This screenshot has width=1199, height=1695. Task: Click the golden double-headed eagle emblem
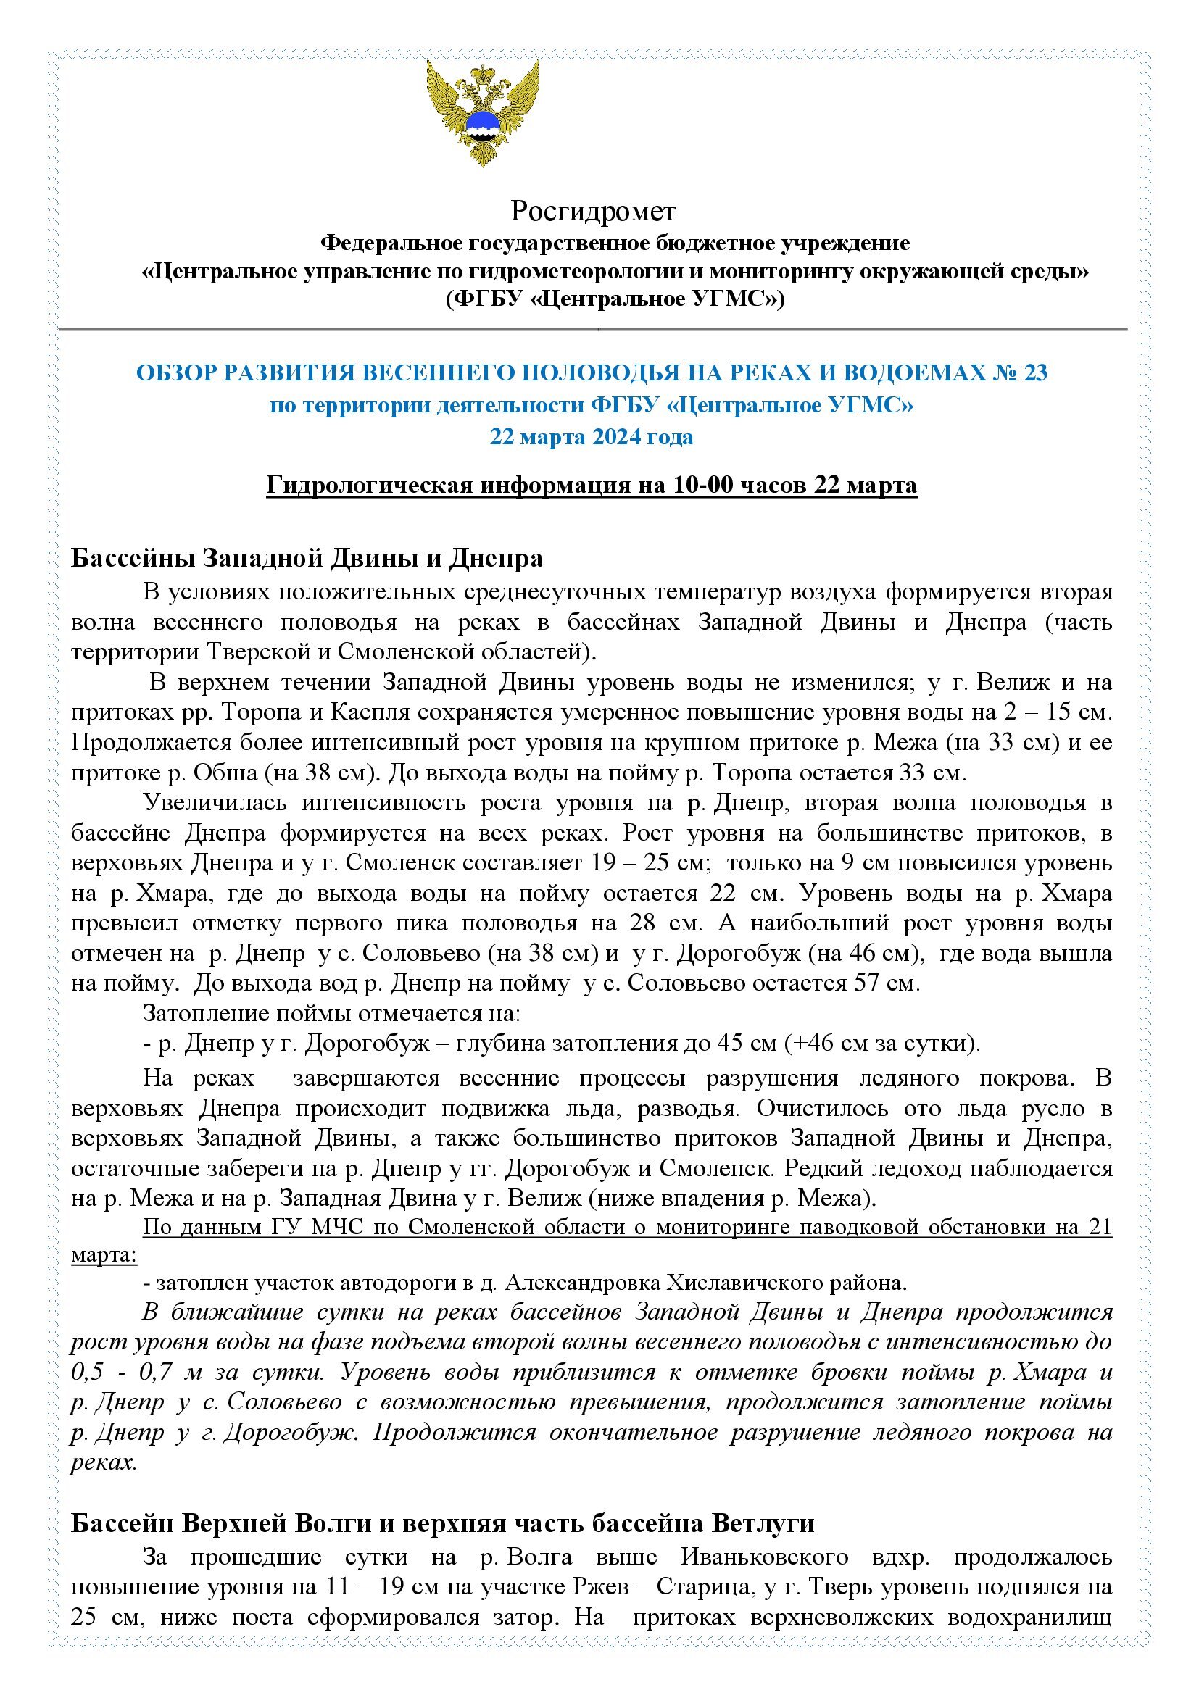pyautogui.click(x=482, y=112)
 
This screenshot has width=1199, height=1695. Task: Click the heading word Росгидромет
pyautogui.click(x=593, y=212)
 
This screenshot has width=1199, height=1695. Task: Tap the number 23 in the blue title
pyautogui.click(x=1035, y=373)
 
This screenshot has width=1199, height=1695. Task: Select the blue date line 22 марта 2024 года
pyautogui.click(x=592, y=437)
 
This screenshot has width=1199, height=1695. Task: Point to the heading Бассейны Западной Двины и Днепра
pyautogui.click(x=307, y=558)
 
